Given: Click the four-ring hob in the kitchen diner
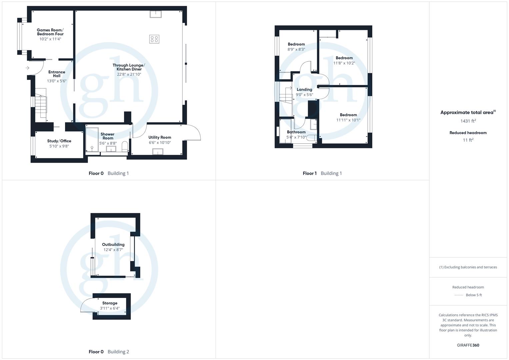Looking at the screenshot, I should (154, 39).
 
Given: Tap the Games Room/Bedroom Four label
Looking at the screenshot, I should (50, 32).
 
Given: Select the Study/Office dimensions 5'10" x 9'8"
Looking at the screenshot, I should (59, 146).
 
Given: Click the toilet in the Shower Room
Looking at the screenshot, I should (125, 146).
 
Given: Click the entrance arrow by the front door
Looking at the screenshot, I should (27, 68).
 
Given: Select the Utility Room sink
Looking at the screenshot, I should (157, 152).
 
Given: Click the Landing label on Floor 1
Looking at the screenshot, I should (304, 89).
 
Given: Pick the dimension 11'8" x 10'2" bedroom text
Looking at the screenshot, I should (344, 63).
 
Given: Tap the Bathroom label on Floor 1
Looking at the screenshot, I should (296, 132).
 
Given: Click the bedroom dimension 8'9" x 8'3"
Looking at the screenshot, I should (296, 49).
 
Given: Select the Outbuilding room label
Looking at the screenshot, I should (113, 244).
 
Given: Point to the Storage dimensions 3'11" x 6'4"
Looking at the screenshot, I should (110, 308).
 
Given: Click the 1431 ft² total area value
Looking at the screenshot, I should (468, 121).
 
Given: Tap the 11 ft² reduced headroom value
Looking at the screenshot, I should (468, 140).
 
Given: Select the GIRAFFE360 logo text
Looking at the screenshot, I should (468, 345).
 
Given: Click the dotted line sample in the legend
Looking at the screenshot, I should (459, 295).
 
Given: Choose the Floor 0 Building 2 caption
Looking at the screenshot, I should (109, 352).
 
